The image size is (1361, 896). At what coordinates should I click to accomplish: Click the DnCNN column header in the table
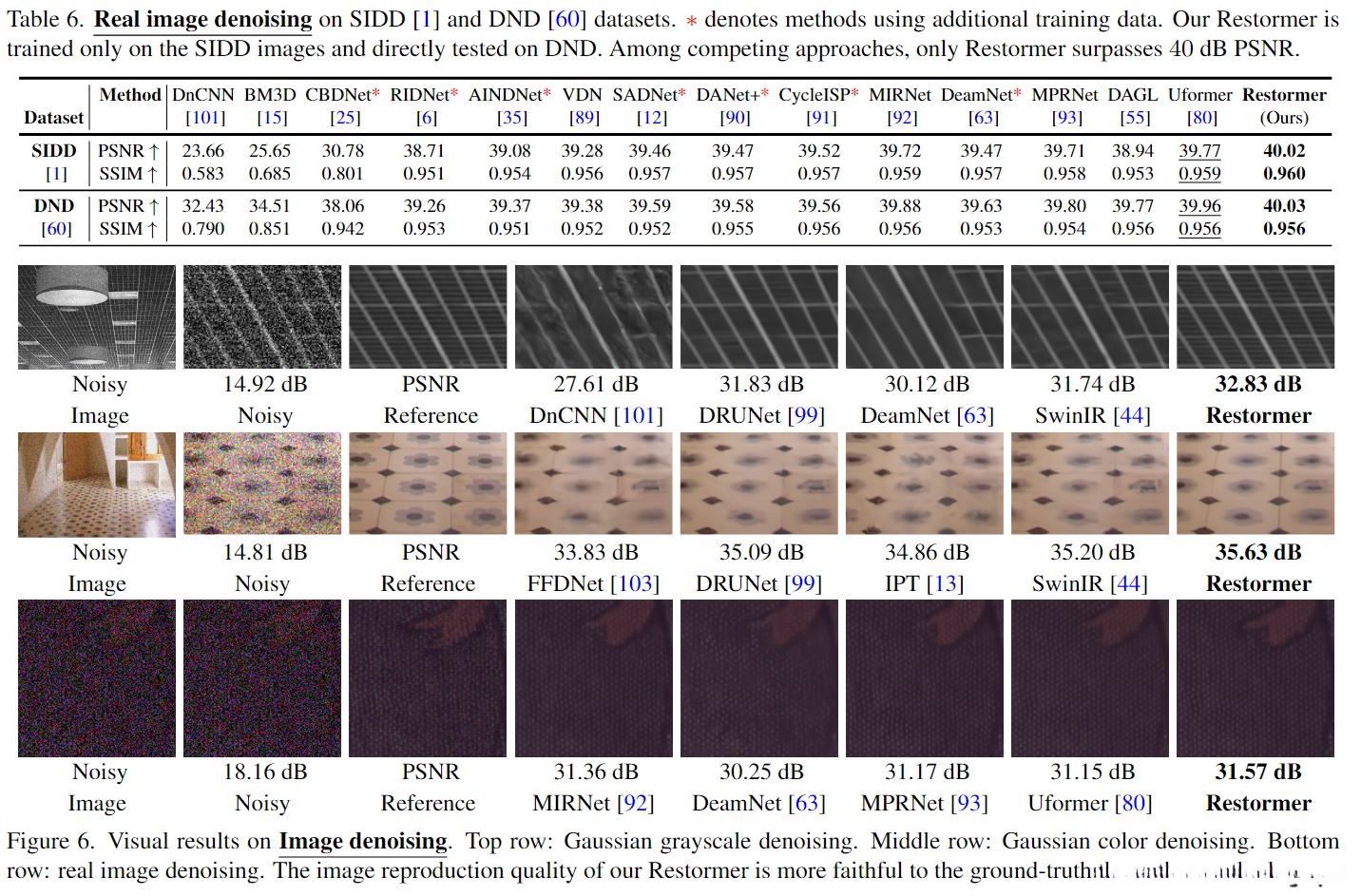click(x=202, y=95)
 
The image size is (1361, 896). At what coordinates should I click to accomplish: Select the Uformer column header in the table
click(x=1199, y=95)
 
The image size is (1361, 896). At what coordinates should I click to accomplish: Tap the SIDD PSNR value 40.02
click(x=1284, y=151)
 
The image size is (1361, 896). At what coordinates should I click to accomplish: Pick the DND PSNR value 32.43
click(x=202, y=206)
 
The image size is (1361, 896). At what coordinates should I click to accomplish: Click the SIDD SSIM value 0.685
click(x=269, y=174)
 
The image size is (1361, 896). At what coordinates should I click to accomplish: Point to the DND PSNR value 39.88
click(x=899, y=206)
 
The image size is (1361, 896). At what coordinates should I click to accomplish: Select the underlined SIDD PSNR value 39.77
click(x=1199, y=151)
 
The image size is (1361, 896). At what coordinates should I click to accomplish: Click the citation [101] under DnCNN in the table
click(x=205, y=118)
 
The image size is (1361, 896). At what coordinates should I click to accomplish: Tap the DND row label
click(x=53, y=206)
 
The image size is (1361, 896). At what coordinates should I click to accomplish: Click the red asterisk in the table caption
click(x=691, y=21)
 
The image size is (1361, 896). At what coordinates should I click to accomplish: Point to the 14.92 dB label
click(x=265, y=385)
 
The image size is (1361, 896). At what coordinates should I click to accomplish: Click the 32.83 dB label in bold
click(x=1257, y=385)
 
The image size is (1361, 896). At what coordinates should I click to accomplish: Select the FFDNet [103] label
click(x=593, y=583)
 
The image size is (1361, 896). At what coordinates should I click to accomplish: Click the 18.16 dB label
click(x=265, y=772)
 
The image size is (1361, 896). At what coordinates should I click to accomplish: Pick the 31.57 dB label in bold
click(x=1257, y=772)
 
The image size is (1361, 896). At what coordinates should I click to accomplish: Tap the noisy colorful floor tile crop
click(x=262, y=484)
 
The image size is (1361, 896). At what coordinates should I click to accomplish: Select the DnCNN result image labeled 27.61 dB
click(x=593, y=316)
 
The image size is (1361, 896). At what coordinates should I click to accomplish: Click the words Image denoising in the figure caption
click(x=362, y=842)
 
